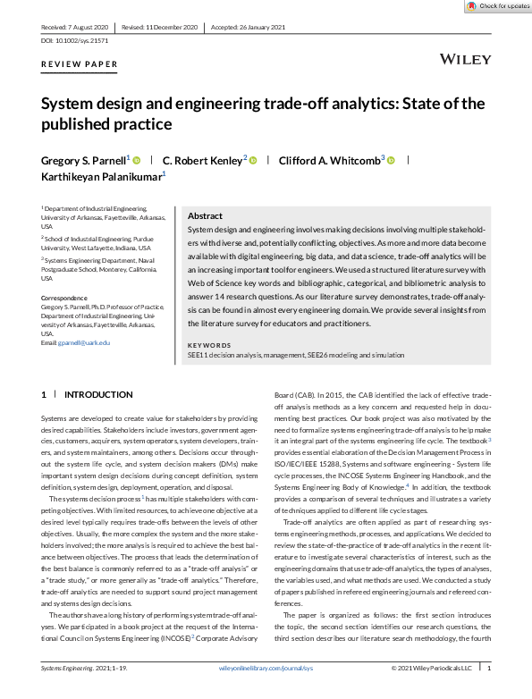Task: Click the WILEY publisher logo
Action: (466, 59)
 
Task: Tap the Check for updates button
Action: (498, 6)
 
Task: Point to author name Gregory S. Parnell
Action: (84, 160)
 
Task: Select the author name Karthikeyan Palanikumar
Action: (101, 177)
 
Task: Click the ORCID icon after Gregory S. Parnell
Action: (137, 160)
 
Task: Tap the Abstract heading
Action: (205, 216)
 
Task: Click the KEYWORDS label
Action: (209, 345)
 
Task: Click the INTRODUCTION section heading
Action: (98, 394)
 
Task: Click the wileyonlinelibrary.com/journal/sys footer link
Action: (266, 693)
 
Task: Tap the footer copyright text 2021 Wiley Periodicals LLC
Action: (436, 693)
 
